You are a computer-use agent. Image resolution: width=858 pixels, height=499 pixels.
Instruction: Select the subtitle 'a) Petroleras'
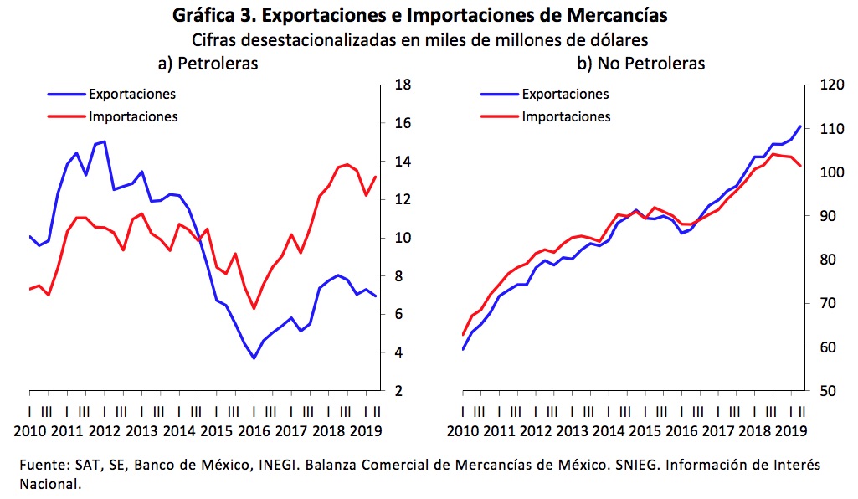[x=208, y=63]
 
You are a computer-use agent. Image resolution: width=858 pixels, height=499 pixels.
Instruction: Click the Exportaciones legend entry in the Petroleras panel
[x=131, y=94]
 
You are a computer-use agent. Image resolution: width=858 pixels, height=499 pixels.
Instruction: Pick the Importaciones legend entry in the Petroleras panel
[x=133, y=116]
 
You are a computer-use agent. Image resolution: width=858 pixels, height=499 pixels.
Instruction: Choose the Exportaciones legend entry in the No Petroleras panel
[x=565, y=94]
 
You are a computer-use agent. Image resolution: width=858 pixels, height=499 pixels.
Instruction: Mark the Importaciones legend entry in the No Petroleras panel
[x=566, y=116]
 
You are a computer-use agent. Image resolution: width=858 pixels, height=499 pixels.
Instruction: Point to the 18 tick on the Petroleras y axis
[x=401, y=85]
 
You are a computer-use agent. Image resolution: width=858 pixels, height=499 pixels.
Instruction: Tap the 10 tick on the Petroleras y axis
[x=401, y=239]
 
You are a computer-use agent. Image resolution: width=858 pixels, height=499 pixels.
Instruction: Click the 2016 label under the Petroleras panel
[x=251, y=431]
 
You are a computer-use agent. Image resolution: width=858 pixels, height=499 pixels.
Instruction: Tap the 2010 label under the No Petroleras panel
[x=462, y=431]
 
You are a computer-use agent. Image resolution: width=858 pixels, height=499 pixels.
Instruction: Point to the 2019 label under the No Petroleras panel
[x=791, y=431]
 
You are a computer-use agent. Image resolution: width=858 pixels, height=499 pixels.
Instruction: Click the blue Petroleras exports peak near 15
[x=104, y=141]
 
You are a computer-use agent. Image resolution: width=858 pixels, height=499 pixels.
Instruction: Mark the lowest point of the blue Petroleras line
[x=254, y=358]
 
